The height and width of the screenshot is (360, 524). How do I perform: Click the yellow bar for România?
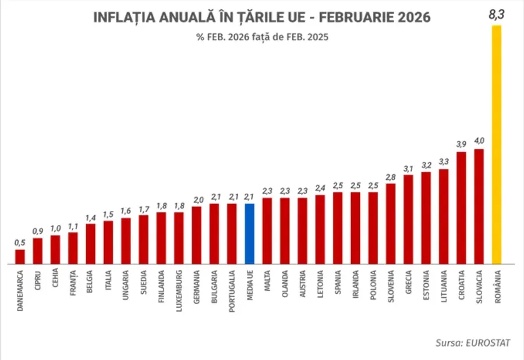pos(497,145)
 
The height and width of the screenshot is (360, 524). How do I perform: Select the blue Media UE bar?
pos(250,234)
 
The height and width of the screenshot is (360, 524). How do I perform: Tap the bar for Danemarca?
pos(20,256)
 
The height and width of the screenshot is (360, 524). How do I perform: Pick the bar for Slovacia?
pos(479,206)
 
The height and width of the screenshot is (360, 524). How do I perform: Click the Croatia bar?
pos(461,208)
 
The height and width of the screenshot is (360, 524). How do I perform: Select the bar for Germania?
pos(197,235)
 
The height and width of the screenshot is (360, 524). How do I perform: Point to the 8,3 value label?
pos(496,15)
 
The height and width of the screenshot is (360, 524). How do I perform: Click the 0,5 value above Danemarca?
pos(20,243)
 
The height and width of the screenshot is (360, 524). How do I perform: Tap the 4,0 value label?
pos(479,141)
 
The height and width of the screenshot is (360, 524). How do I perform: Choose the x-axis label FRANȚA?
pos(73,281)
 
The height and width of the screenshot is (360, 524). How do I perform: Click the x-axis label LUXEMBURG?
pos(179,289)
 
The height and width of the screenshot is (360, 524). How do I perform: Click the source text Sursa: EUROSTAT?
pos(472,343)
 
